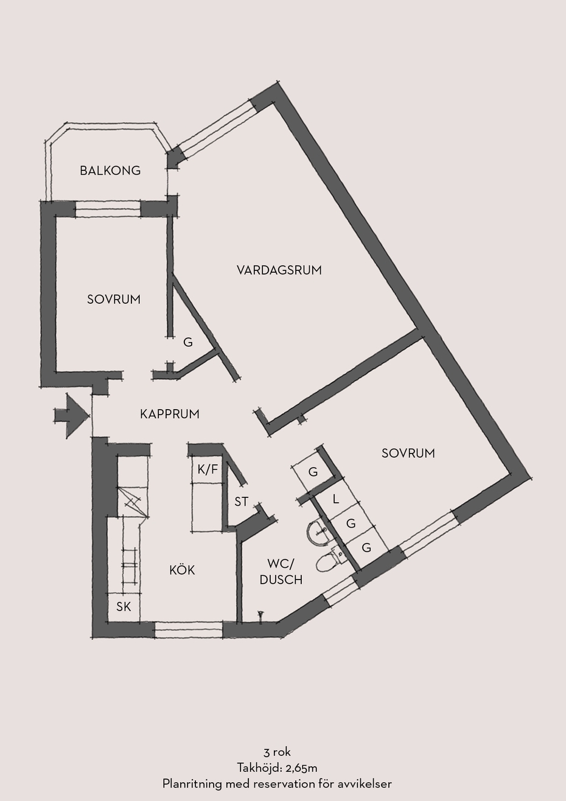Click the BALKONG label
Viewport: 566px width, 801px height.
110,170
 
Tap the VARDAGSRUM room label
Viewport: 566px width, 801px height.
279,270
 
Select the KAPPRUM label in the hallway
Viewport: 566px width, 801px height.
169,414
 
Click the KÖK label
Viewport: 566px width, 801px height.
183,570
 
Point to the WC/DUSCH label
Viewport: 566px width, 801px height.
281,572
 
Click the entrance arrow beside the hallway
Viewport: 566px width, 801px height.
71,416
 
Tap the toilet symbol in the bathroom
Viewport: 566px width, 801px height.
330,561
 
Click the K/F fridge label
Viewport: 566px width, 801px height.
208,469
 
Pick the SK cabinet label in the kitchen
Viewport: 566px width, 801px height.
124,606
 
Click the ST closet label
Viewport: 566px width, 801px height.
242,502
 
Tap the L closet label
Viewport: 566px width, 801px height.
335,499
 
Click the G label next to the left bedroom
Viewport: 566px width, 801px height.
188,342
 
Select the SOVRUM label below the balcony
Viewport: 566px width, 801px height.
114,299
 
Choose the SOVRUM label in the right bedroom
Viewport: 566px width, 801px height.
408,453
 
